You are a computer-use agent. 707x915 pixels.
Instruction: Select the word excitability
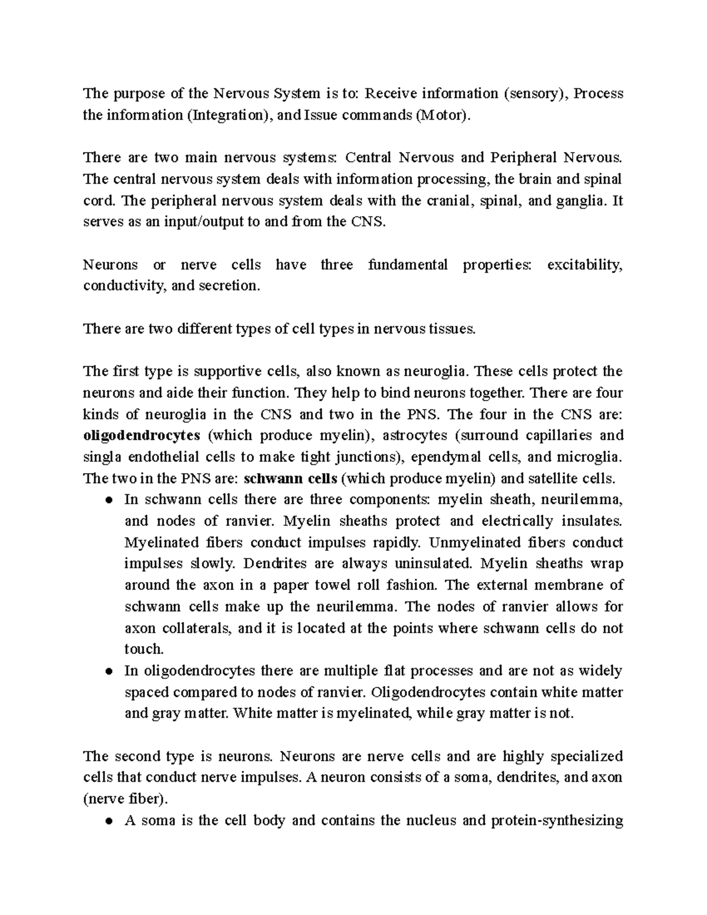[584, 265]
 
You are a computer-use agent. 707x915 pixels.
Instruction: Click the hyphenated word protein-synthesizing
[556, 821]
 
